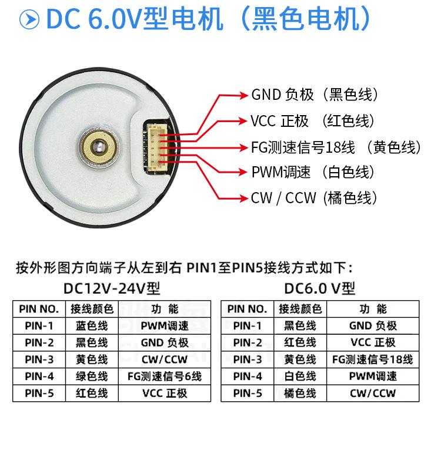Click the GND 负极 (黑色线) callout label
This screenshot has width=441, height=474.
(x=315, y=95)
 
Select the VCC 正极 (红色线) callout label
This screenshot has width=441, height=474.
(x=312, y=121)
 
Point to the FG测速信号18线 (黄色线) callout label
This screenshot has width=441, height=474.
(x=336, y=147)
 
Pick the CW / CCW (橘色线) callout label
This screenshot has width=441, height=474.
(x=313, y=198)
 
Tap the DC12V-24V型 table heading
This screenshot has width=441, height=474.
(x=112, y=288)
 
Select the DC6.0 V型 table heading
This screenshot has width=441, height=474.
(x=320, y=288)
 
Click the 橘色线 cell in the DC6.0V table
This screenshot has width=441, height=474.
(x=300, y=393)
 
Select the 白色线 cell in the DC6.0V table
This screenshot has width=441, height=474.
(x=300, y=376)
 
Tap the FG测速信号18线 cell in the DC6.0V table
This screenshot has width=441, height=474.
(x=373, y=359)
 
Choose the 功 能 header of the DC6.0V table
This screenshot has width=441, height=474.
(x=373, y=309)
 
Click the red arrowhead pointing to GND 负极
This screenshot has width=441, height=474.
(x=243, y=95)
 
